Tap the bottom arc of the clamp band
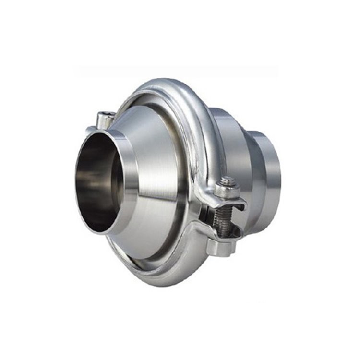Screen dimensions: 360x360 pos(158,274)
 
